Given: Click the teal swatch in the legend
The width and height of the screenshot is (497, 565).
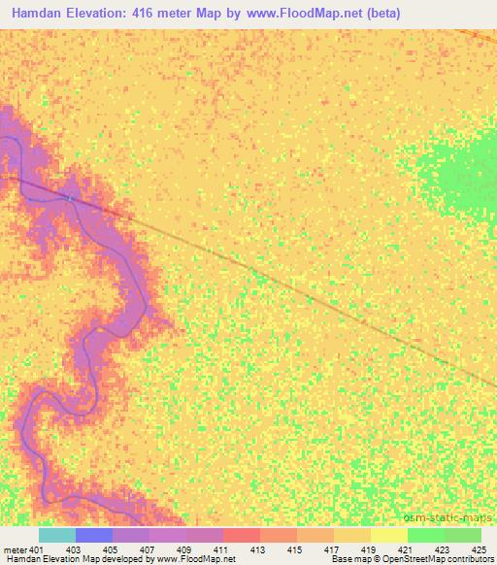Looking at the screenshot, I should click(x=57, y=535).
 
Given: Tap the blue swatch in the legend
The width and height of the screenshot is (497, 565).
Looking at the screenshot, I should click(x=94, y=535).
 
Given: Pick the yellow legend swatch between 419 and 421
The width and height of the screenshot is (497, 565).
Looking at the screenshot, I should click(x=389, y=535).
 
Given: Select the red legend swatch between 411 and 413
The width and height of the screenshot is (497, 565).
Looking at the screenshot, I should click(x=242, y=535).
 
